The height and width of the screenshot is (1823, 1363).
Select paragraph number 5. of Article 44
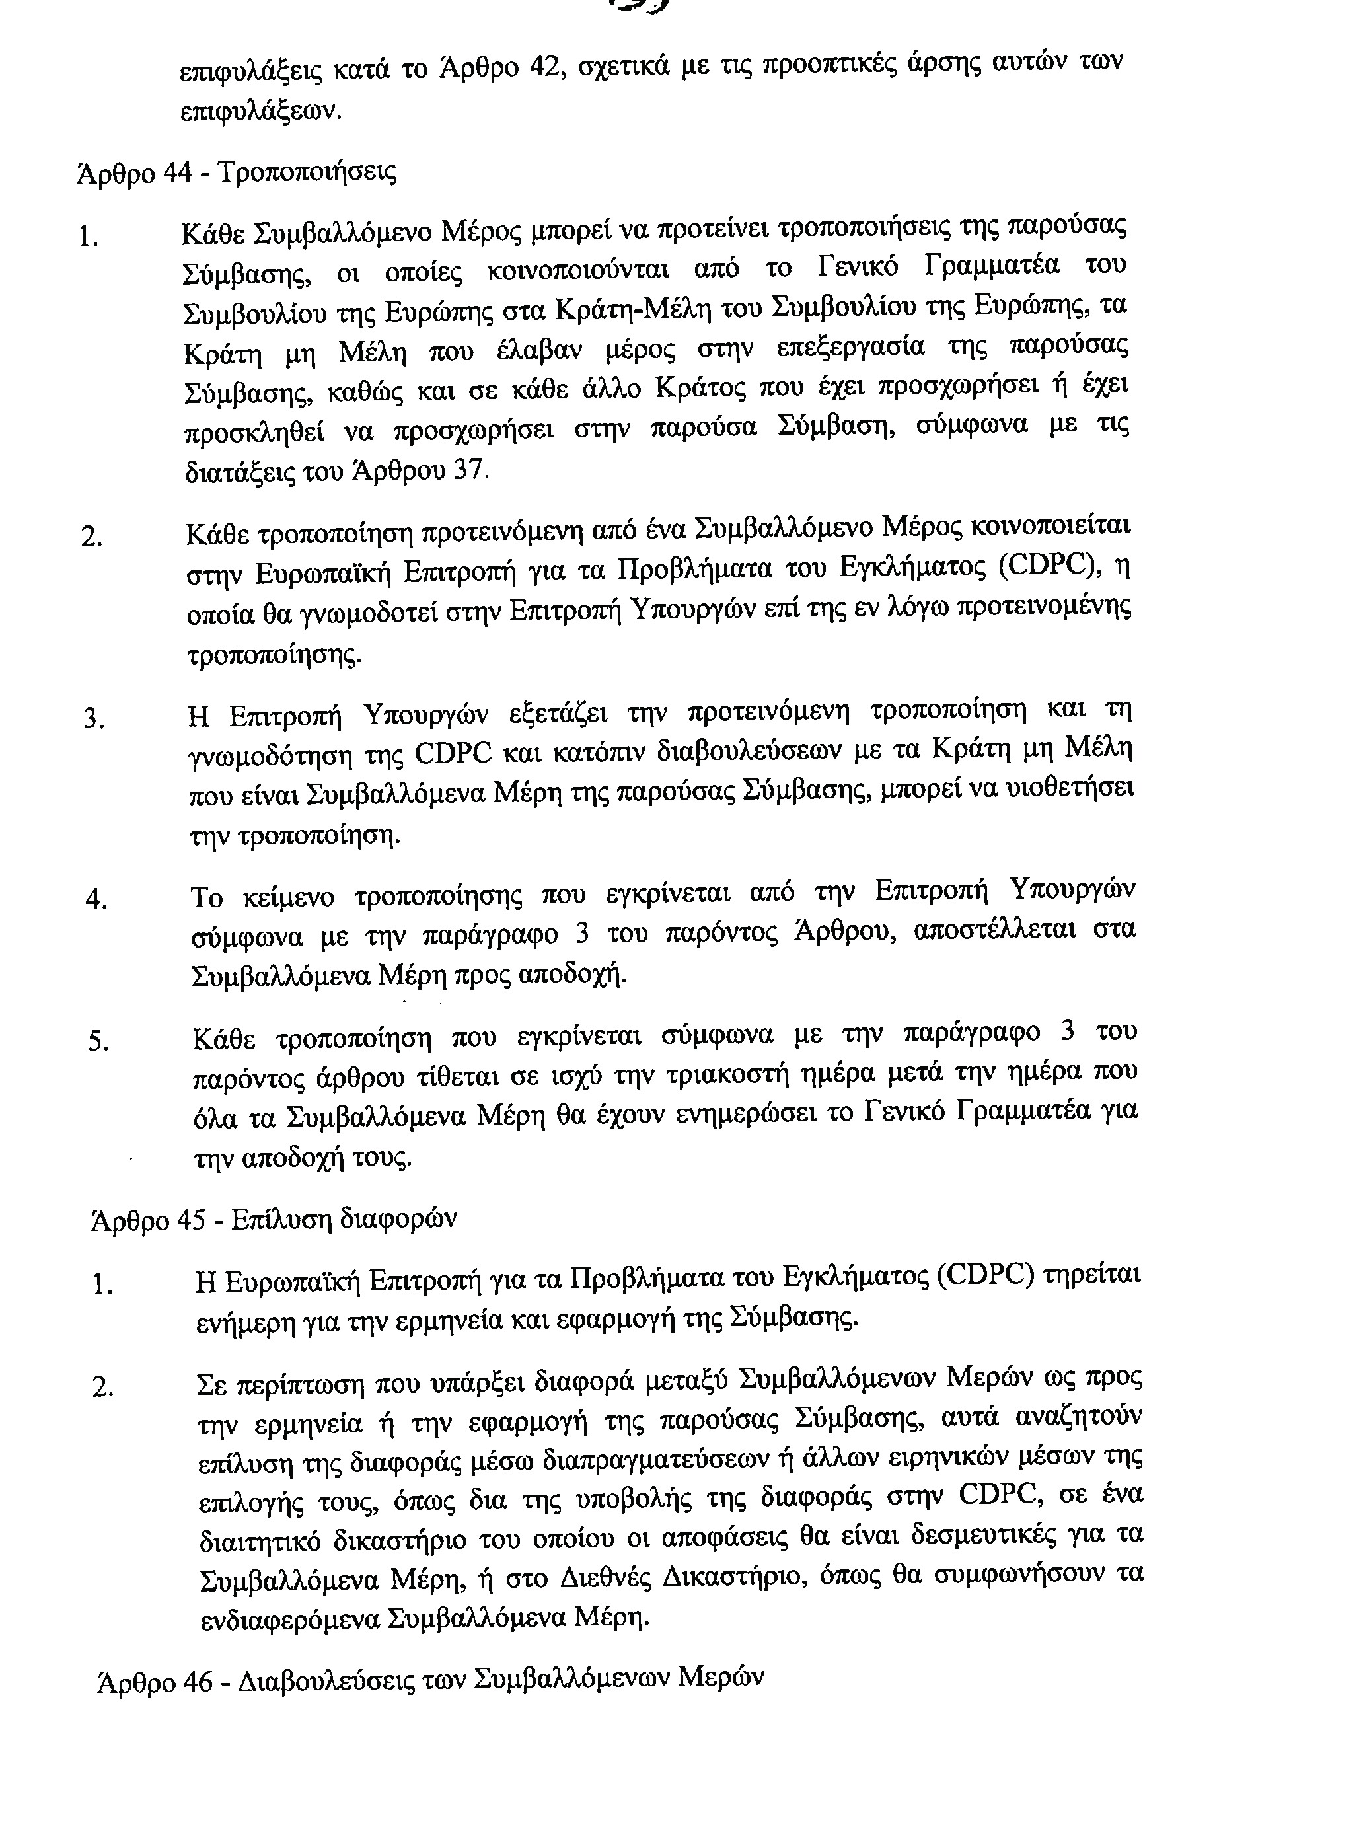99,1042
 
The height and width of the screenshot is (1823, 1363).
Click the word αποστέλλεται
992,931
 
